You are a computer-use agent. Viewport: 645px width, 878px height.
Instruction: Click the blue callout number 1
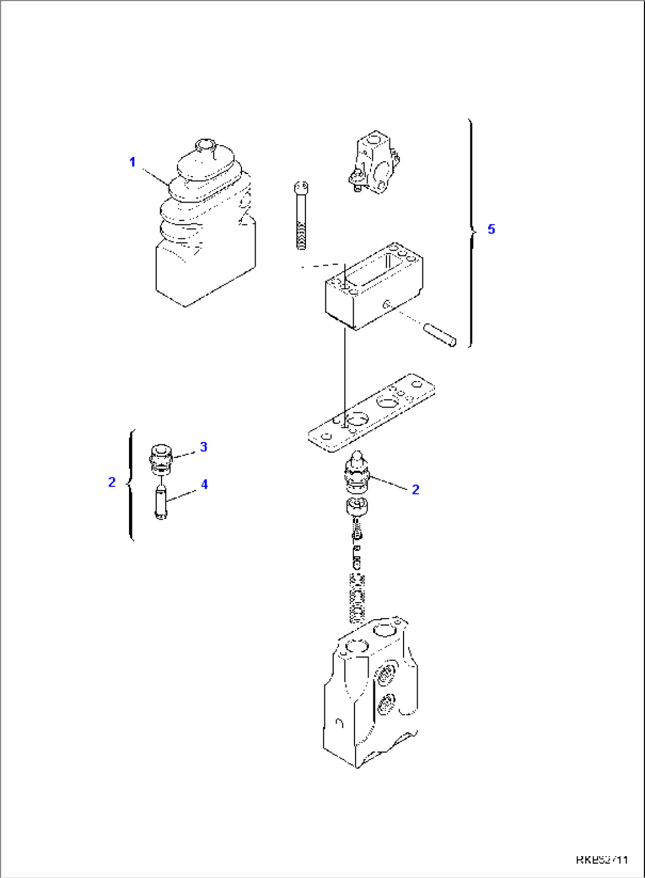133,162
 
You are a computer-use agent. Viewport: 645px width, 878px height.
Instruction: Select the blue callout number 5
491,229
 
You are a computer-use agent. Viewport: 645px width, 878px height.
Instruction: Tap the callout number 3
204,447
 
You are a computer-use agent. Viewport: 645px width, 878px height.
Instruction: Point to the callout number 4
204,484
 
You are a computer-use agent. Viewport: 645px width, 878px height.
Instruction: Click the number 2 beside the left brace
112,482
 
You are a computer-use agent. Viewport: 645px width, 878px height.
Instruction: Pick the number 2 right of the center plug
415,489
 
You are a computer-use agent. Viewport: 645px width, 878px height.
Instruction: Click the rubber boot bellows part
201,225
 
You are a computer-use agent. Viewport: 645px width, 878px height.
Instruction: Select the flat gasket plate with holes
372,413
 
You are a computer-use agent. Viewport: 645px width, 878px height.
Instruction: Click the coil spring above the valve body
357,598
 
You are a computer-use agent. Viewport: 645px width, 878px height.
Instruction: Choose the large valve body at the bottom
370,693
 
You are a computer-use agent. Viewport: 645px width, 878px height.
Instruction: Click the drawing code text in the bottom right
601,860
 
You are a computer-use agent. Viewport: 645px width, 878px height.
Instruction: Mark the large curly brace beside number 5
471,232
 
